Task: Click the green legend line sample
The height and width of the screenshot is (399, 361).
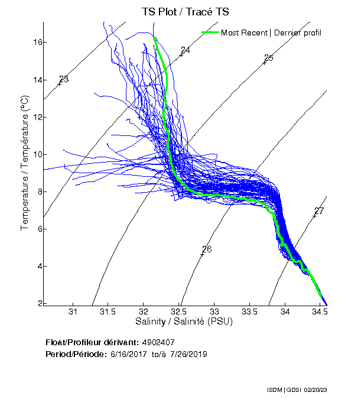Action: click(x=210, y=33)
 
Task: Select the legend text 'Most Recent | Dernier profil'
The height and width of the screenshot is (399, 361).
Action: click(x=271, y=33)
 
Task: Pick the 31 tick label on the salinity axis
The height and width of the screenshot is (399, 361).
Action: click(x=73, y=312)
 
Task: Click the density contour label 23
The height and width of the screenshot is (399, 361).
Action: click(x=64, y=79)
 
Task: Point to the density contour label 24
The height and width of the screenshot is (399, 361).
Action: click(x=186, y=51)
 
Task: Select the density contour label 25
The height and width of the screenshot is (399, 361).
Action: click(x=269, y=58)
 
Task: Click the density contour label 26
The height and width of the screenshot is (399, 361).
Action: click(x=207, y=249)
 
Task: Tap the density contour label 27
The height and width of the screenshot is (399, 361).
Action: click(x=319, y=211)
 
